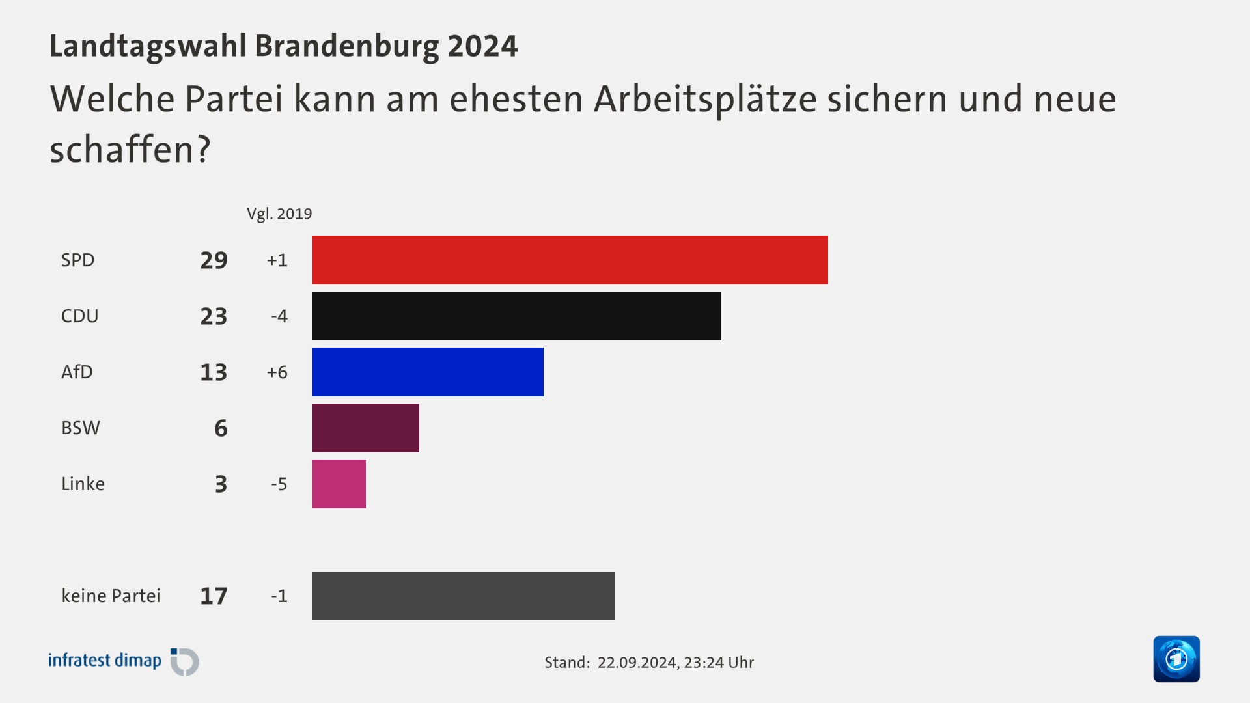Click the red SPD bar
(x=570, y=260)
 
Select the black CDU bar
(x=516, y=316)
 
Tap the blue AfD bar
(x=428, y=372)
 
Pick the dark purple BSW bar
(x=365, y=428)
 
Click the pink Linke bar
(x=339, y=484)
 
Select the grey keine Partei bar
(x=463, y=596)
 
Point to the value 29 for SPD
(x=214, y=260)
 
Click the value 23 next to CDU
(x=214, y=316)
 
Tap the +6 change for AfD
(x=277, y=372)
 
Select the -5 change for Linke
(x=279, y=484)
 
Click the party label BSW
(x=81, y=428)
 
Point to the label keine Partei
(x=111, y=596)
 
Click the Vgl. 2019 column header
(x=279, y=214)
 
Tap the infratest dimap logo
(x=124, y=661)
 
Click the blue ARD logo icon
(x=1176, y=659)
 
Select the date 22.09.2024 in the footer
(x=637, y=663)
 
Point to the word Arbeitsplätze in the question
(x=705, y=100)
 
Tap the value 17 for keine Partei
(x=214, y=596)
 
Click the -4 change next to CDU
(x=279, y=316)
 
